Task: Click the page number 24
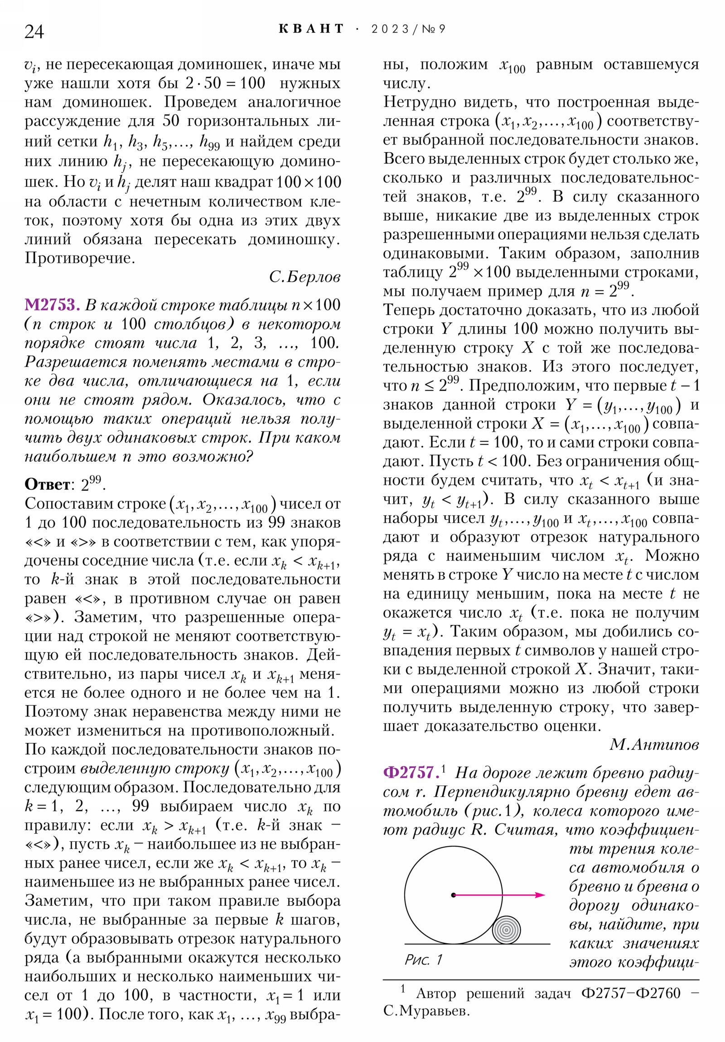[x=34, y=32]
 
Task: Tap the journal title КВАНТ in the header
[x=311, y=29]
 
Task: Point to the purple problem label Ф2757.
[x=410, y=772]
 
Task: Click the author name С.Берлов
[x=304, y=277]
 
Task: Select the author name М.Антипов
[x=654, y=744]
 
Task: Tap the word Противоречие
[x=80, y=258]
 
